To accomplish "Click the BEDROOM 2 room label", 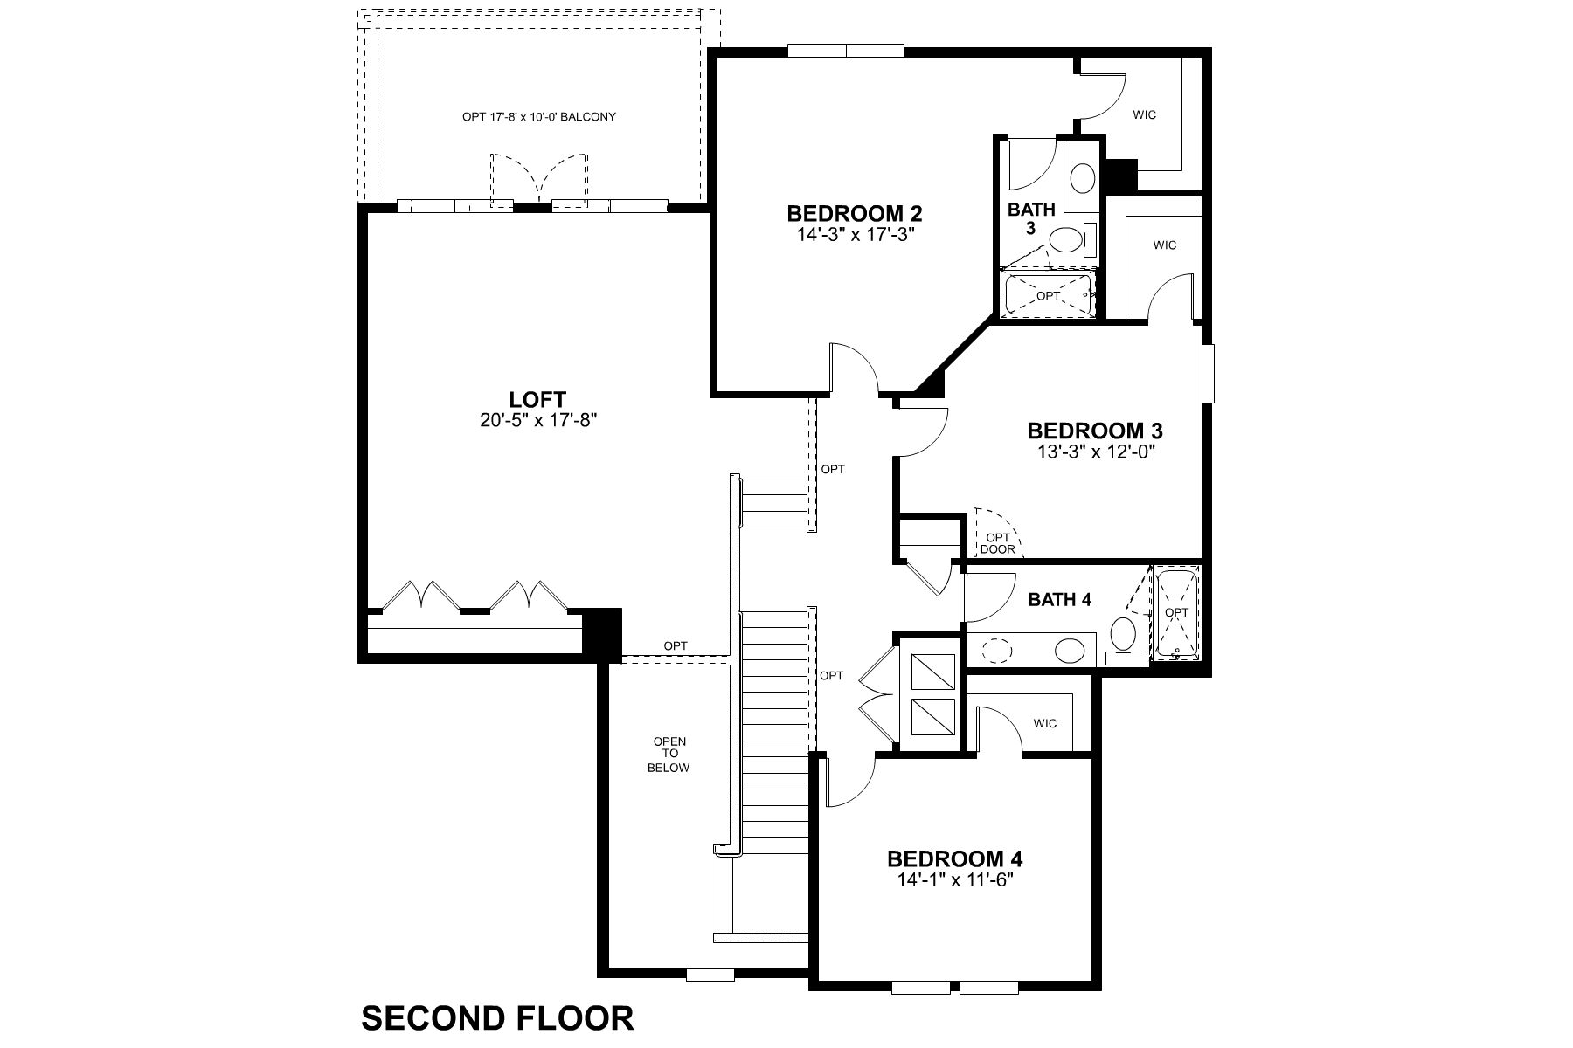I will click(855, 213).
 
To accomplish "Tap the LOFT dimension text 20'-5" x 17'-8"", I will click(537, 420).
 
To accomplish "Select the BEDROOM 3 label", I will click(1094, 431).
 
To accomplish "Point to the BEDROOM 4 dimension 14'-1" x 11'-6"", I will click(954, 880).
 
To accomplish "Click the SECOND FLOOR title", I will click(497, 1018).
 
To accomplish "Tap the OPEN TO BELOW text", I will click(669, 755).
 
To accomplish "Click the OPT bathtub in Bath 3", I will click(1047, 296).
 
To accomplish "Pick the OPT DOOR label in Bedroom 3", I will click(997, 543).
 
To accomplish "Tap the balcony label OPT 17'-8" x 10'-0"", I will click(538, 116).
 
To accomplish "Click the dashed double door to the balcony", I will click(538, 179).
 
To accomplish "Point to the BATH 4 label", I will click(1059, 600).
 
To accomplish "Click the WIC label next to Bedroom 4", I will click(1044, 723).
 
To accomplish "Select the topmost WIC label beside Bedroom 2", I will click(1144, 114).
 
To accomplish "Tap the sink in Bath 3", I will click(1084, 179).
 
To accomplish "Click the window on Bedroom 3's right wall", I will click(1208, 374).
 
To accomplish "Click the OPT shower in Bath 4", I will click(1176, 612).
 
